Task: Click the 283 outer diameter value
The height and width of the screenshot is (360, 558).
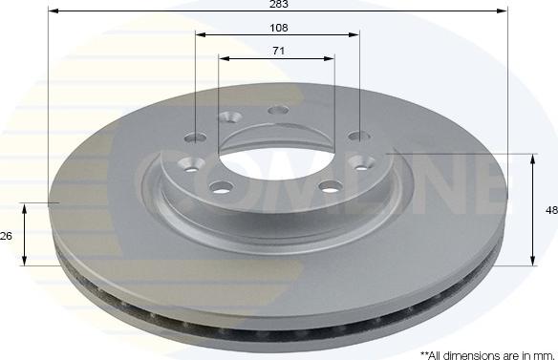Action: [277, 4]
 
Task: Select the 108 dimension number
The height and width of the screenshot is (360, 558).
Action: [277, 28]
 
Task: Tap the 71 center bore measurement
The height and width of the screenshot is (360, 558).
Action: [277, 51]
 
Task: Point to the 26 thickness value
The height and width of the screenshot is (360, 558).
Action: [7, 235]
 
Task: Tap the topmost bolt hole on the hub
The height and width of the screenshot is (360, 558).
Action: [277, 109]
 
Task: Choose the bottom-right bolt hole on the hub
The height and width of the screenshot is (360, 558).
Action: [331, 185]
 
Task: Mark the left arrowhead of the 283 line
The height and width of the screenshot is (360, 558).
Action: [51, 11]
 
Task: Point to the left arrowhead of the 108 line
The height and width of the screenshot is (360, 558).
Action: [200, 34]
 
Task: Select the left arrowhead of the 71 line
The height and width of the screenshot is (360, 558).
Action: [223, 58]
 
